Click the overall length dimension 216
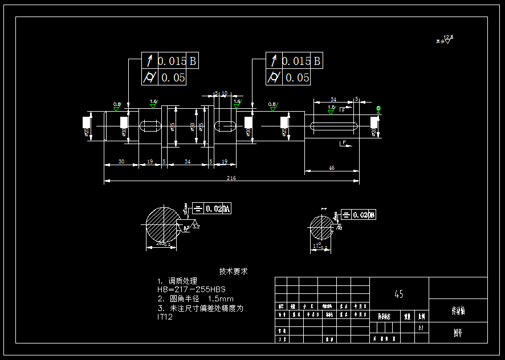click(x=231, y=178)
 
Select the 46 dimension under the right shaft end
click(x=332, y=167)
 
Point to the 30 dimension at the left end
click(x=121, y=162)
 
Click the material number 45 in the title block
click(x=399, y=294)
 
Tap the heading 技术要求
click(x=234, y=272)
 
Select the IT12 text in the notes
click(x=165, y=317)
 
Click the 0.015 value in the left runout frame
click(x=172, y=61)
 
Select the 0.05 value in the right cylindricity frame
click(x=298, y=77)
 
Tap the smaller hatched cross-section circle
click(x=322, y=229)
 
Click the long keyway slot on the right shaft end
click(x=332, y=125)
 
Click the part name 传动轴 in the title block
click(x=458, y=311)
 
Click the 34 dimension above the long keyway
click(x=333, y=99)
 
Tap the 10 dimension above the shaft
click(x=225, y=93)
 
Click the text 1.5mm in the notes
click(x=221, y=298)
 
